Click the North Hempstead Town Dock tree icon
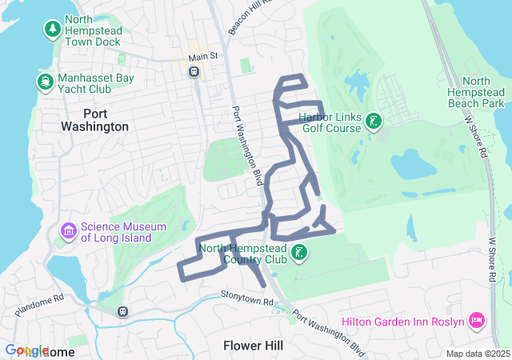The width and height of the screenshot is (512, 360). click(x=53, y=30)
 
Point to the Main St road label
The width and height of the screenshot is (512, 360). click(x=203, y=57)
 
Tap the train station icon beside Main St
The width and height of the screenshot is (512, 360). click(x=194, y=71)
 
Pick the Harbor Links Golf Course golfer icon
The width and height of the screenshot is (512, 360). click(x=373, y=122)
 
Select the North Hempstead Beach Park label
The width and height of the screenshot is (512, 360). click(x=476, y=93)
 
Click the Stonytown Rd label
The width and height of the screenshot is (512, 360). click(x=246, y=299)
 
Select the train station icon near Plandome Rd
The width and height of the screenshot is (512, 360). click(x=122, y=311)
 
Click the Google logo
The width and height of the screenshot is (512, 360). click(x=27, y=351)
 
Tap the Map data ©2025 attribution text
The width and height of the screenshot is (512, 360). click(x=477, y=354)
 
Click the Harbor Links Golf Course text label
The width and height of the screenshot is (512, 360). click(x=330, y=122)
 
